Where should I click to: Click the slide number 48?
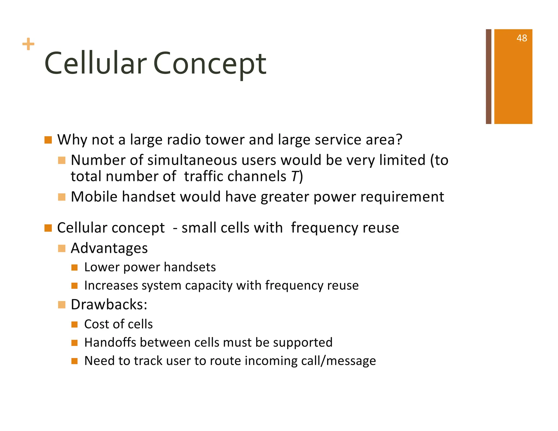point(521,38)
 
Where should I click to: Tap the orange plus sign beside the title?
point(28,44)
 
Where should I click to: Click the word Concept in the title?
point(210,64)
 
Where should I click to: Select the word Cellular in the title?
point(96,64)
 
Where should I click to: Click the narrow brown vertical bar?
point(488,77)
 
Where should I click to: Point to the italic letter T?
point(295,177)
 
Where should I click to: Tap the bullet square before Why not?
point(48,140)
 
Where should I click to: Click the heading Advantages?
point(109,248)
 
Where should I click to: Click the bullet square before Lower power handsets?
point(75,267)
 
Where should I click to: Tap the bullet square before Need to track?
point(75,361)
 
